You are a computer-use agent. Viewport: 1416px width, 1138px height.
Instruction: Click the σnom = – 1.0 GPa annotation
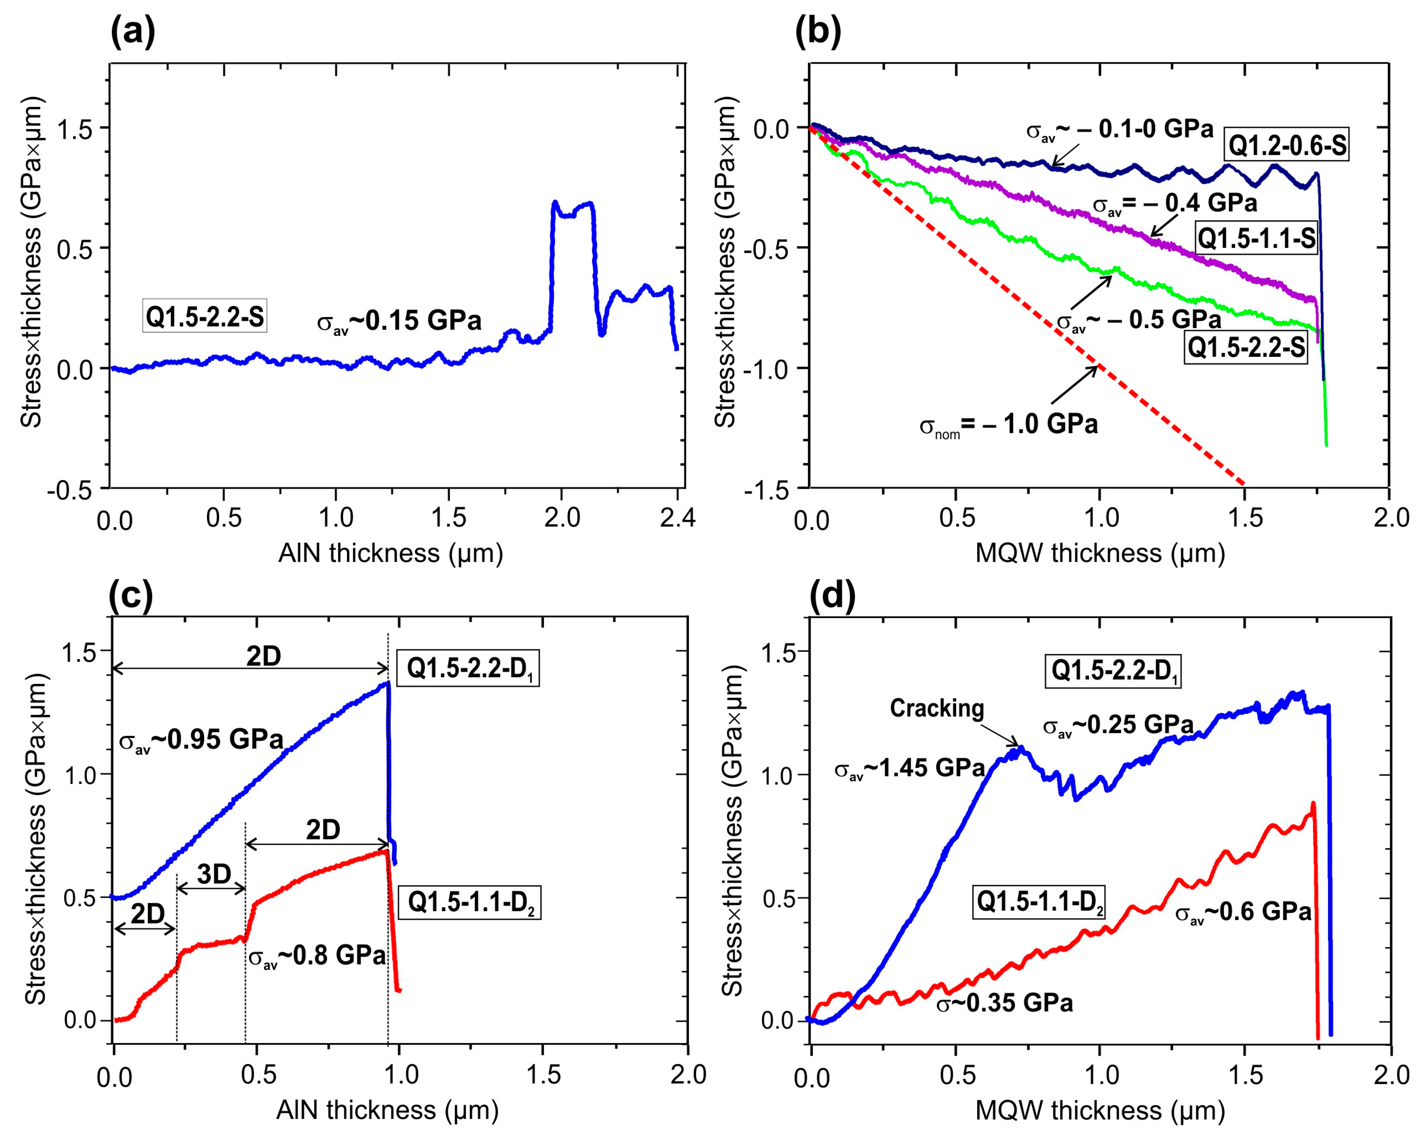click(x=1008, y=425)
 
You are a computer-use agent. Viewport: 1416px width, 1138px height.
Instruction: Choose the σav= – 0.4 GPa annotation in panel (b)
click(x=1174, y=203)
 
